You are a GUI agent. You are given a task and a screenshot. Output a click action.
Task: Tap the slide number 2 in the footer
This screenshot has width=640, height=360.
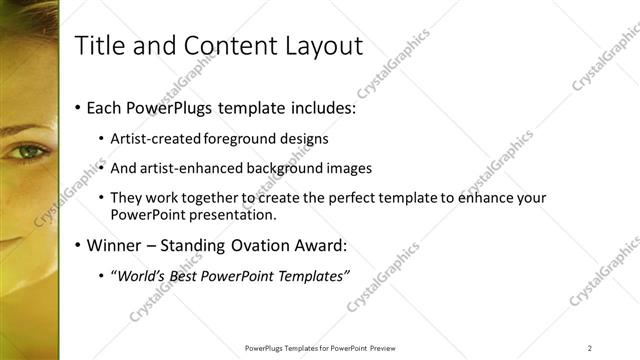coord(590,347)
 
